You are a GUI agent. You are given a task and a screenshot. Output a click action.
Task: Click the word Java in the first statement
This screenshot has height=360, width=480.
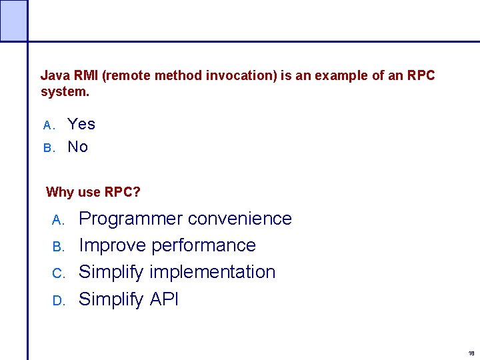tap(53, 76)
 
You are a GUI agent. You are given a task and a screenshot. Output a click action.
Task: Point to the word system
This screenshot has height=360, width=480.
tap(64, 91)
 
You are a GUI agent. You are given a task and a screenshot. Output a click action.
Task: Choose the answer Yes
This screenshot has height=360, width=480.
tap(81, 124)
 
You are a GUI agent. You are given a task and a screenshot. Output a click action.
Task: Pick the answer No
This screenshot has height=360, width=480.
tap(77, 147)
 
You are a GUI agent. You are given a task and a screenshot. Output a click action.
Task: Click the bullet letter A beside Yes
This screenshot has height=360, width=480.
tap(47, 125)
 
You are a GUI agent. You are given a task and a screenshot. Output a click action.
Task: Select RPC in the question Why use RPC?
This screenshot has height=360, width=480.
tap(122, 193)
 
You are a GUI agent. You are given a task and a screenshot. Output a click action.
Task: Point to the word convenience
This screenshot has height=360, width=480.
tap(239, 219)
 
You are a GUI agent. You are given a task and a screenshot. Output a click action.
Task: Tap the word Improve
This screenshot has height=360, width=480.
tap(113, 245)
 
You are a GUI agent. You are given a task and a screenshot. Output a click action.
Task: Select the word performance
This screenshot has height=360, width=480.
tap(203, 246)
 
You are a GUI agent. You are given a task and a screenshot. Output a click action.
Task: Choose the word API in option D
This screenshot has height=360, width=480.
tap(163, 299)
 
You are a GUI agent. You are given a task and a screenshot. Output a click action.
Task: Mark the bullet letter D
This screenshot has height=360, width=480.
tap(57, 301)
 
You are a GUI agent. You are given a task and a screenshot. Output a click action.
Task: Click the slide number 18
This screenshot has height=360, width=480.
tap(471, 353)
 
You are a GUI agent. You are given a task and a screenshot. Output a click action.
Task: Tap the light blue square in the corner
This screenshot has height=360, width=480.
tap(13, 20)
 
